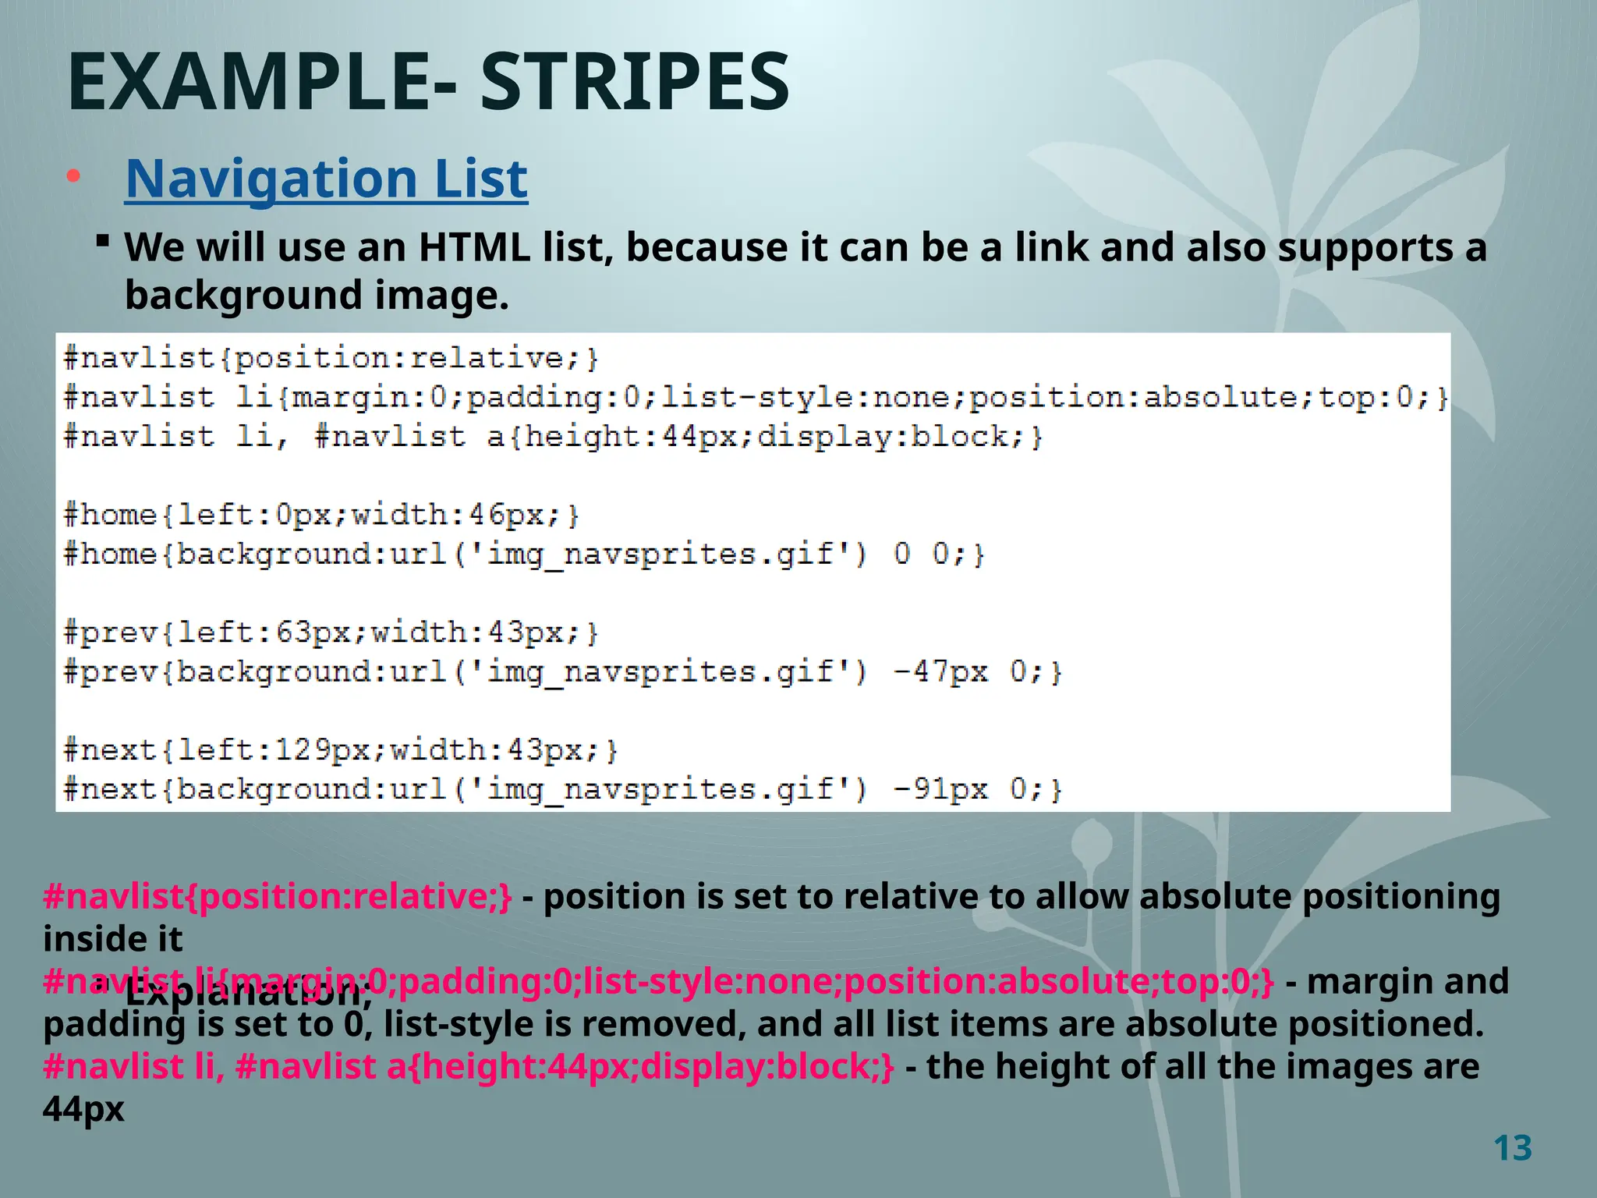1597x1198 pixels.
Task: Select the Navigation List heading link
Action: pos(326,179)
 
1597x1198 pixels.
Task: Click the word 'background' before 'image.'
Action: pos(243,296)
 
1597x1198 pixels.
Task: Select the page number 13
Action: pos(1512,1148)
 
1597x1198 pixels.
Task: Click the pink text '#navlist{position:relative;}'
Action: pos(278,897)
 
